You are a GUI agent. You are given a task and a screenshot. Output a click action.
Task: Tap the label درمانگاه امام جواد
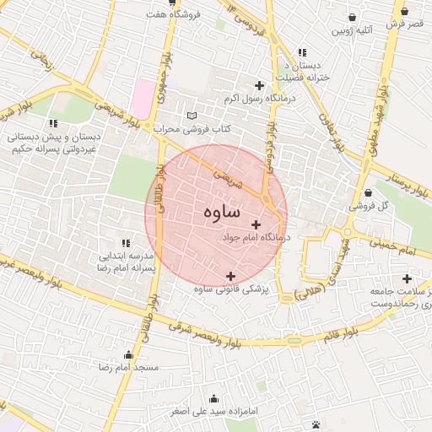click(256, 239)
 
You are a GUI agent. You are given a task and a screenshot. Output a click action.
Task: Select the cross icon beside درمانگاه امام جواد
click(256, 224)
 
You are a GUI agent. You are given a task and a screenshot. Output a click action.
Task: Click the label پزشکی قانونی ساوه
click(230, 289)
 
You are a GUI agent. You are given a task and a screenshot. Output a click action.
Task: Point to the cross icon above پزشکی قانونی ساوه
click(230, 276)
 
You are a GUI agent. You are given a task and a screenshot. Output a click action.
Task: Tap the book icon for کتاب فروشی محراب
click(192, 116)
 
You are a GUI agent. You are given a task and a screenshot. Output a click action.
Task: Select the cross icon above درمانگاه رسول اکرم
click(259, 85)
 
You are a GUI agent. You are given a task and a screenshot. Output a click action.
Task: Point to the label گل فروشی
click(370, 205)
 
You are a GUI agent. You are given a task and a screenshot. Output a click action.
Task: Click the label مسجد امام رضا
click(128, 369)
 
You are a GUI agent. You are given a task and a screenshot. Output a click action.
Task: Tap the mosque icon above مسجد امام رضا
click(128, 355)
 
